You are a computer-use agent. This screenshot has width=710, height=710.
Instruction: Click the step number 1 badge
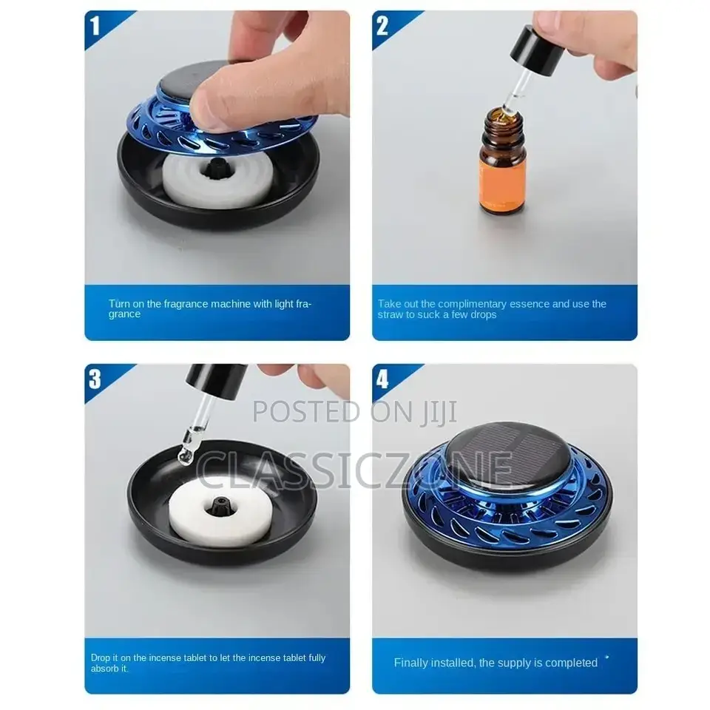95,27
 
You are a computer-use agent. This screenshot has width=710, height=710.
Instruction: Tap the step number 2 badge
382,27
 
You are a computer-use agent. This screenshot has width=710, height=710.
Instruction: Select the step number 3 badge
95,379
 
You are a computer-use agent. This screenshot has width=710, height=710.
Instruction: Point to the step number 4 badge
382,379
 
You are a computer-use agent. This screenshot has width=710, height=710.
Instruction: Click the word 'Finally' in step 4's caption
411,663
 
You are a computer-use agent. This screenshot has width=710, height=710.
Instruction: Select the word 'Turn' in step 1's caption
119,304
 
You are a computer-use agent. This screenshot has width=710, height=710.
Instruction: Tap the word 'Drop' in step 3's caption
101,657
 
